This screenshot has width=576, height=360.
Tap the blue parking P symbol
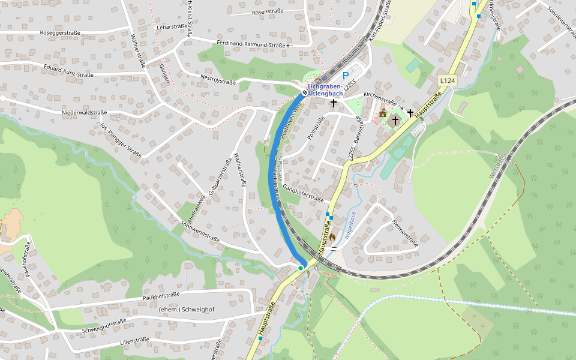(345, 76)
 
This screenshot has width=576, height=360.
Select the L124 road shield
(446, 80)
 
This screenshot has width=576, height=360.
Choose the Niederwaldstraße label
(84, 112)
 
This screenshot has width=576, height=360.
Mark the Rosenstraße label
(268, 12)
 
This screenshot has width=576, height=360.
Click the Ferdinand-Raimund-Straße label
(251, 45)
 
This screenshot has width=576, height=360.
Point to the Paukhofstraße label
(161, 296)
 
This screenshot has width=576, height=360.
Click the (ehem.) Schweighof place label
(186, 309)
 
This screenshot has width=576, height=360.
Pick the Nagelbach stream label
(350, 226)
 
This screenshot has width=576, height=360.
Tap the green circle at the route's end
(301, 268)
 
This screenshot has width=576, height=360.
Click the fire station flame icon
(332, 237)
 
